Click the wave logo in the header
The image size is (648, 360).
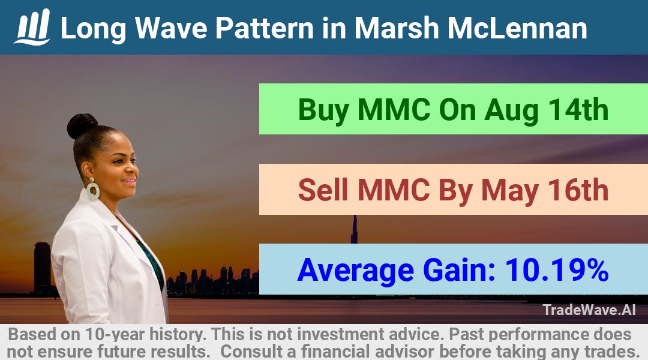[x=32, y=27]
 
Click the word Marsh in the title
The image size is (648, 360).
[x=397, y=28]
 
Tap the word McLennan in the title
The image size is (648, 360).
[x=517, y=28]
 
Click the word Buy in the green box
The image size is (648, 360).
[x=323, y=111]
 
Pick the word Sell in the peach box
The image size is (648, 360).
[x=323, y=190]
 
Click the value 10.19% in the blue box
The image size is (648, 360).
[x=557, y=271]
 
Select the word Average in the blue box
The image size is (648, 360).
[x=355, y=272]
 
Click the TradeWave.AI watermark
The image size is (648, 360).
[x=589, y=310]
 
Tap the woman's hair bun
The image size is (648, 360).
[x=82, y=125]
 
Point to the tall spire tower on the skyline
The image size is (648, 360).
[x=354, y=229]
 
